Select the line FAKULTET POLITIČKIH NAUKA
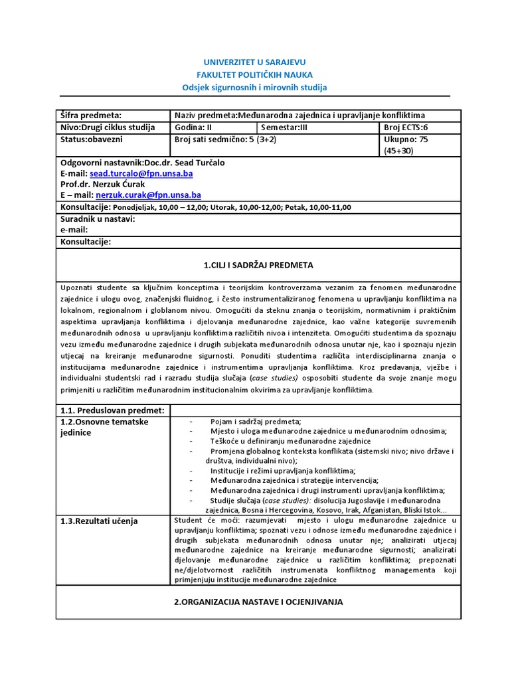pyautogui.click(x=255, y=74)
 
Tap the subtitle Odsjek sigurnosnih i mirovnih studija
pyautogui.click(x=255, y=88)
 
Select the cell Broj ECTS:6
pyautogui.click(x=407, y=127)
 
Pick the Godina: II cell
pyautogui.click(x=196, y=127)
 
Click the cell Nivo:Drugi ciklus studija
pyautogui.click(x=108, y=127)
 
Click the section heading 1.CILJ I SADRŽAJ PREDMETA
pyautogui.click(x=258, y=265)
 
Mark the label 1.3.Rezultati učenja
pyautogui.click(x=99, y=521)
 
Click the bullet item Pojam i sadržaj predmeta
pyautogui.click(x=255, y=422)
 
